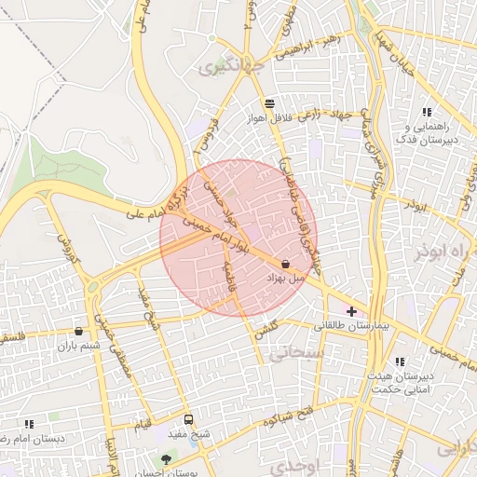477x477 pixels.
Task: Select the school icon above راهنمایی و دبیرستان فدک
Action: click(427, 112)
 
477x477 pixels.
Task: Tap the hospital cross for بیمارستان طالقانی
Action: click(351, 311)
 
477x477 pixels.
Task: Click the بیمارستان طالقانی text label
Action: click(358, 327)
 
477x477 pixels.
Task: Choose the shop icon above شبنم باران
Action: click(78, 331)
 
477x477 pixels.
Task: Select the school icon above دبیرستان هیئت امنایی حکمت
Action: click(400, 361)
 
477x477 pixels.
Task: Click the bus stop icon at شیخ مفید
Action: click(189, 420)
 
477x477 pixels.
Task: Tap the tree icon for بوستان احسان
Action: click(167, 458)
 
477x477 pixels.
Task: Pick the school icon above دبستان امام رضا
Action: click(29, 424)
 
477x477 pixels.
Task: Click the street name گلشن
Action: click(266, 328)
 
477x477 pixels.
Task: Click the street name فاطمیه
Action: click(232, 277)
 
